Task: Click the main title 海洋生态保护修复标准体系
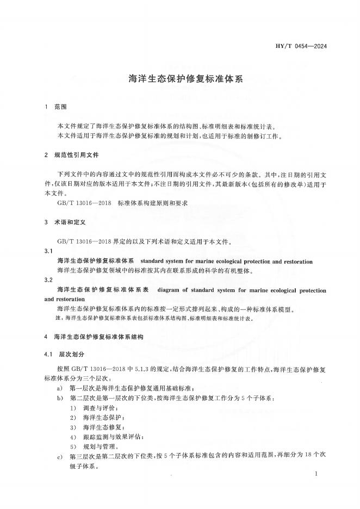tap(179, 78)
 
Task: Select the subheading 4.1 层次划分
tap(65, 354)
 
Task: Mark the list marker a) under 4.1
tap(60, 388)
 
